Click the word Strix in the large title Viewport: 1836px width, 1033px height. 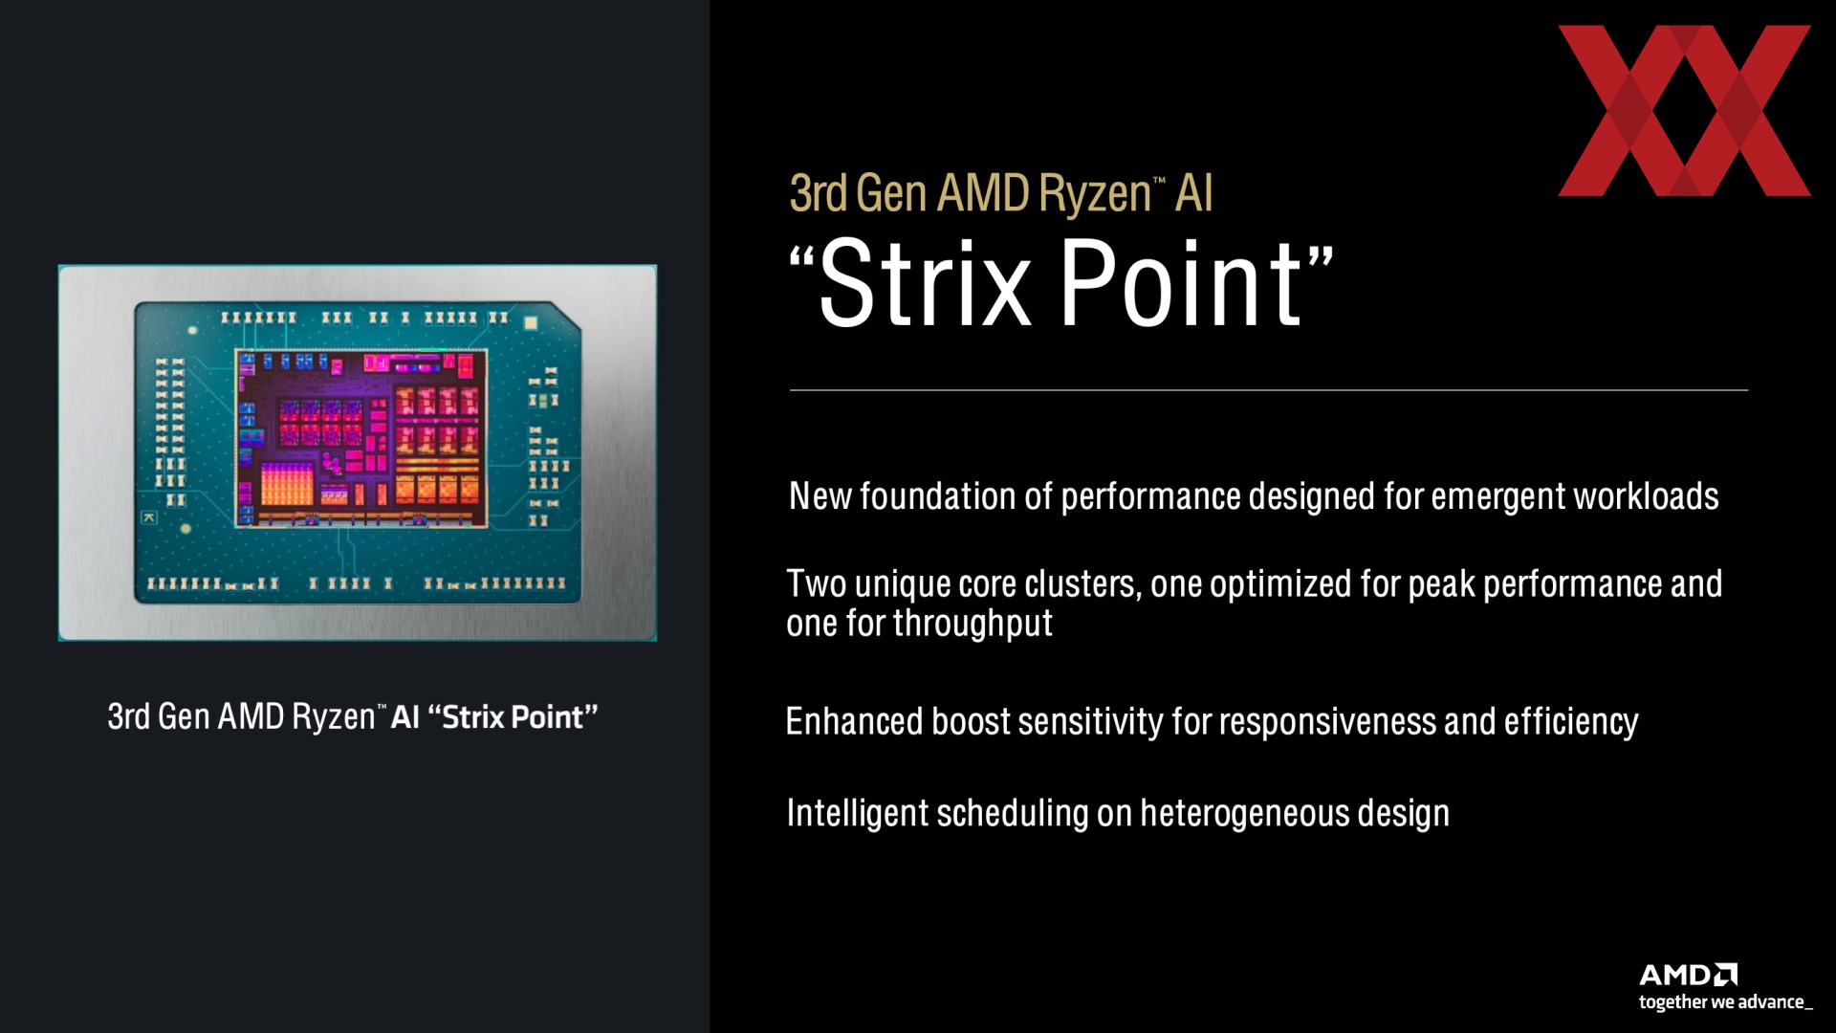point(925,283)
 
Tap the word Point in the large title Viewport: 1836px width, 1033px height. point(1181,283)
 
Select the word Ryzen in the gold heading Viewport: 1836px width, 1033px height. point(1095,194)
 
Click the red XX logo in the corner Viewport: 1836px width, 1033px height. point(1684,111)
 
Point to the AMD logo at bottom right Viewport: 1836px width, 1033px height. point(1688,975)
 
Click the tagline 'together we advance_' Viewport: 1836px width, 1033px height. point(1725,1002)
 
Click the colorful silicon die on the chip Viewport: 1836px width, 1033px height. point(361,438)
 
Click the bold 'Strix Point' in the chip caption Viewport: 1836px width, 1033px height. point(513,716)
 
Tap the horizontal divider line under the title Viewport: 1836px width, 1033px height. point(1269,390)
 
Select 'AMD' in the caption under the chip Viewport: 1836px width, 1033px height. point(251,716)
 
